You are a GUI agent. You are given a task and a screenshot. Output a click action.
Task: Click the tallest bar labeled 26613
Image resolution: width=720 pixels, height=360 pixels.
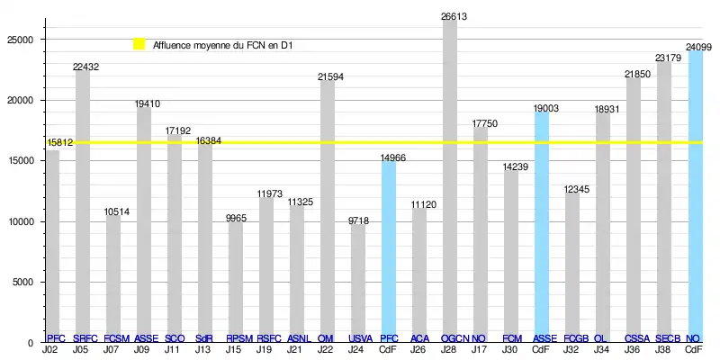(450, 180)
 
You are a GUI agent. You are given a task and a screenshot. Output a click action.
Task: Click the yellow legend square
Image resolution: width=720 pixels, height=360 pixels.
(139, 43)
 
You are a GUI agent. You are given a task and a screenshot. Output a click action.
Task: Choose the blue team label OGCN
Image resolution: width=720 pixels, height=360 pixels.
(454, 338)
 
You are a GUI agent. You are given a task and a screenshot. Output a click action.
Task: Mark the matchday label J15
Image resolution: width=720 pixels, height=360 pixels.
(234, 349)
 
